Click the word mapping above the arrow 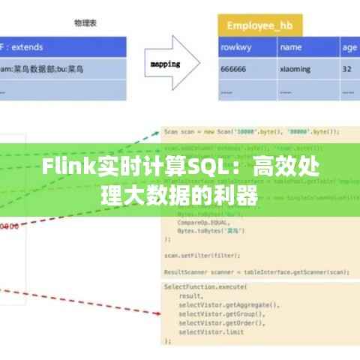pyautogui.click(x=165, y=64)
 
